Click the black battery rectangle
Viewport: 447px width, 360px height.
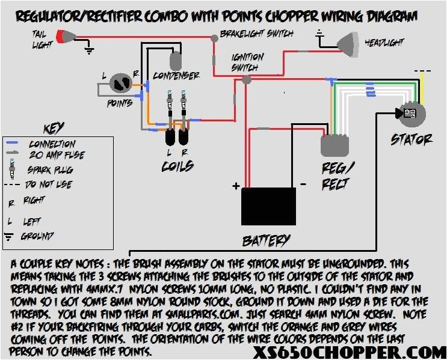[268, 206]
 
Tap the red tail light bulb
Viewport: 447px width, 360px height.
[62, 38]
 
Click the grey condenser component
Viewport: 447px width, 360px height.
[176, 60]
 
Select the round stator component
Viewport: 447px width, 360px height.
[411, 114]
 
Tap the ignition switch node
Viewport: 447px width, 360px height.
[245, 79]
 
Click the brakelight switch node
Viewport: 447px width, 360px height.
[214, 38]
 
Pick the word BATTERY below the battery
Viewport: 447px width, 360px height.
[267, 241]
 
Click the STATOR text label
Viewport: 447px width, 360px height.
[412, 139]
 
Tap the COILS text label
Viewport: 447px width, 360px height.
[177, 166]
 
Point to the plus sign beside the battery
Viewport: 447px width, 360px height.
[236, 185]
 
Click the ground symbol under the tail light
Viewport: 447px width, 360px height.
[90, 52]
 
